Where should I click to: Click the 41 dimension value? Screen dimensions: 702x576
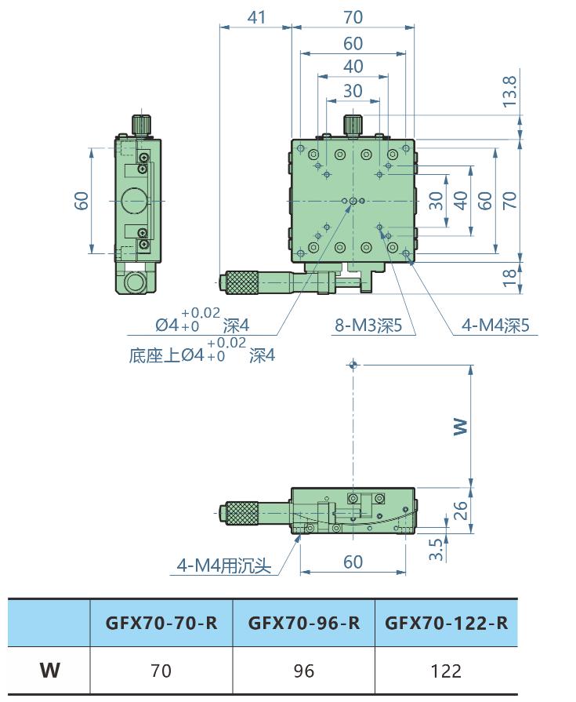(x=256, y=16)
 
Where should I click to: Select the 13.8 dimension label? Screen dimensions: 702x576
(x=510, y=92)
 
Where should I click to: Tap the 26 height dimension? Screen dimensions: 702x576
(x=462, y=511)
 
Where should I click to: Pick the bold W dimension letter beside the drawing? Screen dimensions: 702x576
(x=461, y=426)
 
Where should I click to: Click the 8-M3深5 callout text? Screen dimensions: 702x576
(x=368, y=326)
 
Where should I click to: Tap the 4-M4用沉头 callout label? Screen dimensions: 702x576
(x=223, y=565)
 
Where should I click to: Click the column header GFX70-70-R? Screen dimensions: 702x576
(x=161, y=624)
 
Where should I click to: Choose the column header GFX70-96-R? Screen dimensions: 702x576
(x=304, y=624)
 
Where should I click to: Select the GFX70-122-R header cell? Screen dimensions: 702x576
(x=446, y=624)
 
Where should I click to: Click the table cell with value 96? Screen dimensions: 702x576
(x=304, y=671)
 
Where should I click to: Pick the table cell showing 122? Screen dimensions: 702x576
(x=446, y=671)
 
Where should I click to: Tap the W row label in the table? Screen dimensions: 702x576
(x=49, y=671)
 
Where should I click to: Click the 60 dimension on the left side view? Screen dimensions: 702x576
(x=82, y=200)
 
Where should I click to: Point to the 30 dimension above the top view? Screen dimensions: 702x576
(x=353, y=91)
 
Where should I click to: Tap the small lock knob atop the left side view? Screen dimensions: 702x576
(x=141, y=125)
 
